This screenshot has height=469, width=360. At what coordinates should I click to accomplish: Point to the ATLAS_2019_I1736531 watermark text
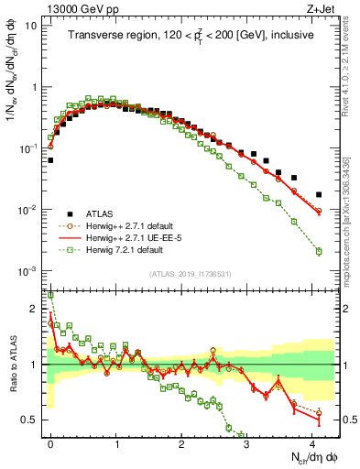pos(190,274)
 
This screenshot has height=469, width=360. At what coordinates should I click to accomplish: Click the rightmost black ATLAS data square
pos(319,195)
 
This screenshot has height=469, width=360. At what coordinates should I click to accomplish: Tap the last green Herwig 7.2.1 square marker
pos(319,251)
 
